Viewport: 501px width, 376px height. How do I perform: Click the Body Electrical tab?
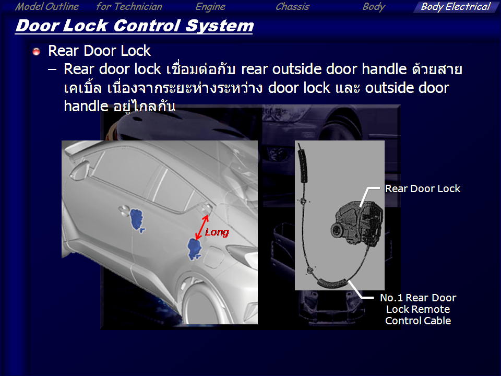coord(455,7)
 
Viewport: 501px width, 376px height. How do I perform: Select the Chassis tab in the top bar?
coord(292,7)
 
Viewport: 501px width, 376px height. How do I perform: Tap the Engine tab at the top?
coord(210,7)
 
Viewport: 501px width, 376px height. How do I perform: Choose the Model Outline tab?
coord(46,7)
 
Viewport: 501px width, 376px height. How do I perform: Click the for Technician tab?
coord(129,7)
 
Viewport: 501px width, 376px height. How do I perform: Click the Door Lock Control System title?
coord(135,26)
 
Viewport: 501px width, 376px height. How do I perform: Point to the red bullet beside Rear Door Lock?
coord(37,51)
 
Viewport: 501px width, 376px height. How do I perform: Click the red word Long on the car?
coord(217,232)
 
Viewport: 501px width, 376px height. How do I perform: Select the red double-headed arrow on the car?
coord(202,227)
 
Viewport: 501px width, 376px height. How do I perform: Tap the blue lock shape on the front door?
coord(137,219)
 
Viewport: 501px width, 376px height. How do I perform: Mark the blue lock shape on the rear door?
coord(194,249)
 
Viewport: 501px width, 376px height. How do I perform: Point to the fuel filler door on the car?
coord(212,257)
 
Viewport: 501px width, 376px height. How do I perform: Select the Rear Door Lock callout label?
coord(422,189)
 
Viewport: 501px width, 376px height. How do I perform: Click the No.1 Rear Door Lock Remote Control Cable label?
coord(418,309)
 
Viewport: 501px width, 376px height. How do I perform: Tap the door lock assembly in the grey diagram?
coord(356,223)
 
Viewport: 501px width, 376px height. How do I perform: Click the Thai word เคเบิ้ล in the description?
coord(83,88)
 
